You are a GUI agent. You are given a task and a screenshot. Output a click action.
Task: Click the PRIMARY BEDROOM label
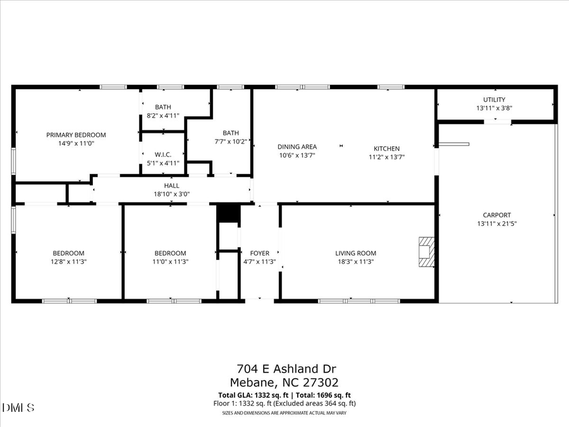[76, 135]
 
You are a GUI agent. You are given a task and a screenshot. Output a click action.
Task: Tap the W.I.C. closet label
[163, 154]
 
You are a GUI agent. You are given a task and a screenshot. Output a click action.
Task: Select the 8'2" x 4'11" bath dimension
[163, 116]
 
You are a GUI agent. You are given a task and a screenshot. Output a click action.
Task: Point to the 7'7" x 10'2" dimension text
[231, 142]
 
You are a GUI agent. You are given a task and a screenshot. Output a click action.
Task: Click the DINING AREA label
[297, 147]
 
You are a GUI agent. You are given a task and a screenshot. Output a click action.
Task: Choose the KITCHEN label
[386, 149]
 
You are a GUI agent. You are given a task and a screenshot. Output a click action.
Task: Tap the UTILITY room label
[494, 99]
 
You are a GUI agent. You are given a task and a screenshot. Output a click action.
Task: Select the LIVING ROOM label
[355, 253]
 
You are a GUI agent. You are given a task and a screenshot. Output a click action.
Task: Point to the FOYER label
[260, 253]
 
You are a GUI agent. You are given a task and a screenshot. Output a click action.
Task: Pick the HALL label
[172, 185]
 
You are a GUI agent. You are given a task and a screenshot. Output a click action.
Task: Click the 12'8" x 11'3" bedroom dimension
[68, 261]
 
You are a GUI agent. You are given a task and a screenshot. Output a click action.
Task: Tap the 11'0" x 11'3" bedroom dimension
[170, 261]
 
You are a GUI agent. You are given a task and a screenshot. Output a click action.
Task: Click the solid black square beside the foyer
[227, 213]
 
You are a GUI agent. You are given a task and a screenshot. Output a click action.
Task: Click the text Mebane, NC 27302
[284, 382]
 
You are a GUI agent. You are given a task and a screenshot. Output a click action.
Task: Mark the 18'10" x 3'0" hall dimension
[172, 194]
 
